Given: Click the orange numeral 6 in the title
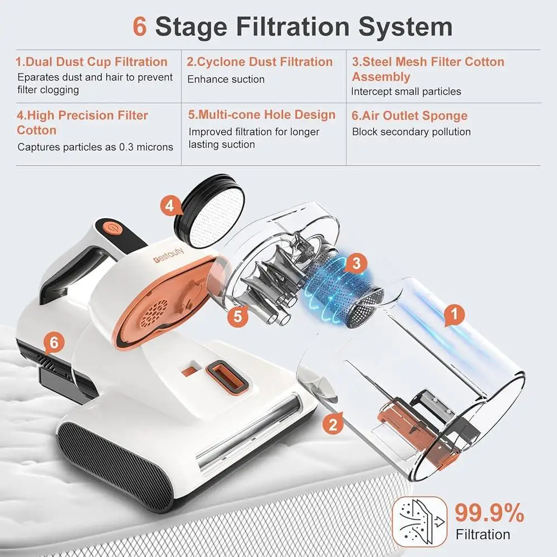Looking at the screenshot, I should click(x=140, y=27).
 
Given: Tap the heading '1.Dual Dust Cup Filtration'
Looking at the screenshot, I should click(x=91, y=62).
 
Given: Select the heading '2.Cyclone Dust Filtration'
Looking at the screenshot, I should click(x=260, y=62).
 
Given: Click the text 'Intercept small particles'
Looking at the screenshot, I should click(x=406, y=91).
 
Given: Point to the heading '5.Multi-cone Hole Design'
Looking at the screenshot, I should click(x=262, y=115).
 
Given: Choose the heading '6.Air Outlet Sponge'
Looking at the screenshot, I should click(x=409, y=116).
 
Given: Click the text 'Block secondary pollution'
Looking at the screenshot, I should click(x=411, y=132).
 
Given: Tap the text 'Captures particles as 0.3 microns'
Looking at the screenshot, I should click(x=95, y=147).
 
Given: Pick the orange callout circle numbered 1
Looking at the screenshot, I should click(x=455, y=315).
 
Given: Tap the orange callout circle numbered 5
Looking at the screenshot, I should click(x=238, y=316).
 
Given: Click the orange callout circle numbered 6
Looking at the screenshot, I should click(x=53, y=343).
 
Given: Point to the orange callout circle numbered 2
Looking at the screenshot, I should click(x=333, y=426).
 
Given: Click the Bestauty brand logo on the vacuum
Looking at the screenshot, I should click(x=169, y=260).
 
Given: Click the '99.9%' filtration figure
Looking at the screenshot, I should click(x=489, y=512).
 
